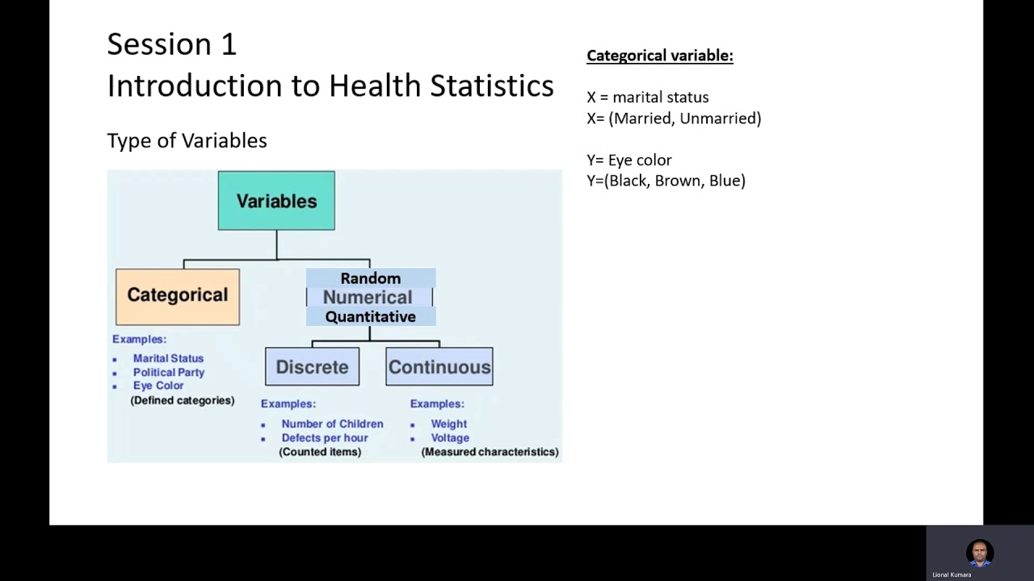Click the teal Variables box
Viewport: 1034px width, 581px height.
(x=276, y=201)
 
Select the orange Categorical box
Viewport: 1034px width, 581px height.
(x=178, y=296)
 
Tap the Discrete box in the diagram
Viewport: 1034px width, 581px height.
(x=312, y=367)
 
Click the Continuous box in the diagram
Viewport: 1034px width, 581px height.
(x=439, y=367)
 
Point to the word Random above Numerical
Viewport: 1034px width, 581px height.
(x=370, y=278)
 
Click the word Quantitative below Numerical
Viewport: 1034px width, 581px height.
(x=370, y=317)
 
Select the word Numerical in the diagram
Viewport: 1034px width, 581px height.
(x=368, y=298)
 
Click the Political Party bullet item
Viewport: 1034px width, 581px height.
(x=168, y=372)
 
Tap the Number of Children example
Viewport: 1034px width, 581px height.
(x=332, y=424)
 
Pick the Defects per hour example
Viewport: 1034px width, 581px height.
(x=324, y=437)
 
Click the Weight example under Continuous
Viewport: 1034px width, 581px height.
(x=448, y=424)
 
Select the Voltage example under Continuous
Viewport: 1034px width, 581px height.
(x=449, y=437)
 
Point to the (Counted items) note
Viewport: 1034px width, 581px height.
(x=320, y=452)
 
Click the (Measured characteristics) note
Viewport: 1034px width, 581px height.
(x=490, y=452)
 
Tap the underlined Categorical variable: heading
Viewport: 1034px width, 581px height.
(x=659, y=56)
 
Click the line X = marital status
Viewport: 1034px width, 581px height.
(x=647, y=98)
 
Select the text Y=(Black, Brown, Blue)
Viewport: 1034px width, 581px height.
(x=666, y=181)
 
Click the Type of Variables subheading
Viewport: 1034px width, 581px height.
(x=187, y=140)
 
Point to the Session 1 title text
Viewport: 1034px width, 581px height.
(x=171, y=44)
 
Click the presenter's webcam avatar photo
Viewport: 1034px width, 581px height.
(x=979, y=553)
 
